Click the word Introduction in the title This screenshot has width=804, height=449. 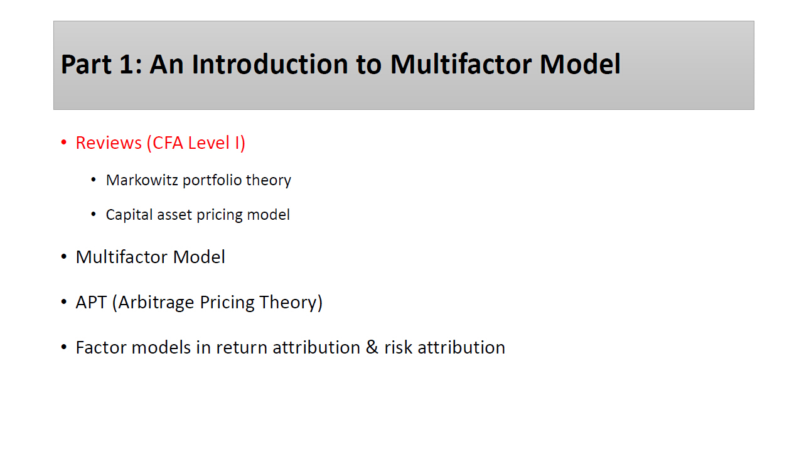click(x=270, y=64)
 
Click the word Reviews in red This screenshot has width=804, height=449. click(x=109, y=143)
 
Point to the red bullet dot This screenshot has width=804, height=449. click(x=64, y=143)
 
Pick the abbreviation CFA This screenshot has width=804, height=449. click(x=168, y=143)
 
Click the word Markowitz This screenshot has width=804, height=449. click(x=142, y=180)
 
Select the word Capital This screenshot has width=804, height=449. click(x=129, y=215)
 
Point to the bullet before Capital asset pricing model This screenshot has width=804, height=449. click(x=94, y=214)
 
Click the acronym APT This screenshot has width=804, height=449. click(x=91, y=303)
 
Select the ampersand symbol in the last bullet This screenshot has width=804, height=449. click(x=372, y=347)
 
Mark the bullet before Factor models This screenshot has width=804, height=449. click(x=64, y=347)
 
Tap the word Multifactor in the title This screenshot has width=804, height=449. click(x=461, y=64)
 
